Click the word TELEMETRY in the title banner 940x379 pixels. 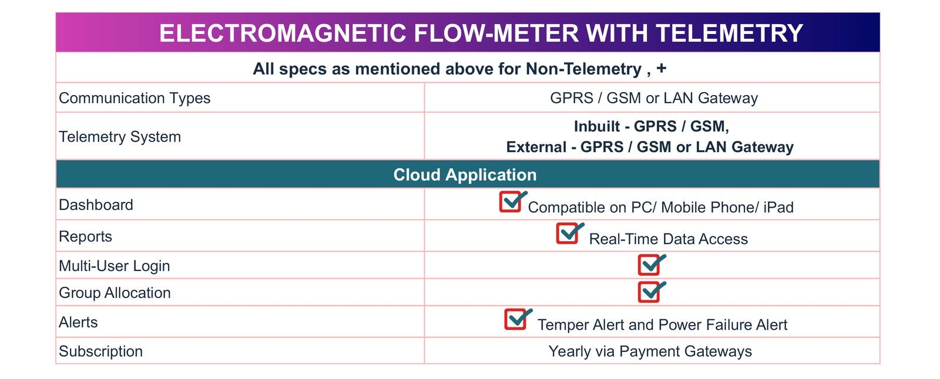(729, 33)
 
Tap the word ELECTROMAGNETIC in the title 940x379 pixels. (283, 33)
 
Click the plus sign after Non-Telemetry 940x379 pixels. (662, 68)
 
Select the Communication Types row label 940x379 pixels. (135, 98)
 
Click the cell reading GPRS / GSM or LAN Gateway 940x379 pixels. (654, 98)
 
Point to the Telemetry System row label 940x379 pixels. (120, 137)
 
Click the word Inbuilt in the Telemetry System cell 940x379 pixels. (597, 126)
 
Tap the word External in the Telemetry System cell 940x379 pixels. (536, 147)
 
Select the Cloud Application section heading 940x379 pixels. (465, 174)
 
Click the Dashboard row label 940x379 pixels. (96, 205)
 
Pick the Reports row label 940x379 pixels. (85, 237)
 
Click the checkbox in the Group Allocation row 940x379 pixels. (650, 292)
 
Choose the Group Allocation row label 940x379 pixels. (115, 293)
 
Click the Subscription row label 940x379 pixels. (100, 351)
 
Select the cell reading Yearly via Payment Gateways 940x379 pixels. (650, 351)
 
